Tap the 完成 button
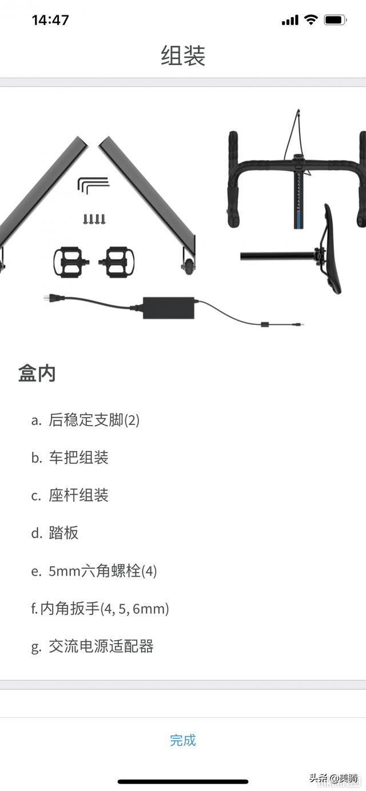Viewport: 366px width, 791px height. (183, 740)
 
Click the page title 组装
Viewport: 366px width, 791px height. (183, 56)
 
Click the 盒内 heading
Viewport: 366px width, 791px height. (37, 374)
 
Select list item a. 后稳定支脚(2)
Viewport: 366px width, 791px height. (86, 420)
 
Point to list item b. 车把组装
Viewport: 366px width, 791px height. (70, 458)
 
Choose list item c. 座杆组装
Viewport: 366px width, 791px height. (70, 496)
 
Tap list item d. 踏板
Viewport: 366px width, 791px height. (55, 533)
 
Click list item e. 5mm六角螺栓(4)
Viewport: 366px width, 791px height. (94, 571)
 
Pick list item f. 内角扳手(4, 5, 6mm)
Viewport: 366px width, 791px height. (100, 609)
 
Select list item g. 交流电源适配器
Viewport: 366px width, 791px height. (93, 647)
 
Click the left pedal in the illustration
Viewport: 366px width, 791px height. (71, 262)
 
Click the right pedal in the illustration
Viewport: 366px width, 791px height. (117, 262)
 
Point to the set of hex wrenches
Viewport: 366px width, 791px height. (93, 185)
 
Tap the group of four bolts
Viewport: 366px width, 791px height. (94, 218)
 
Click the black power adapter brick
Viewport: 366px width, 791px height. (168, 307)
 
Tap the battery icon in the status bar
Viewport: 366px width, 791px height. (335, 20)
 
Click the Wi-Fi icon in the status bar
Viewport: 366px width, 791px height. (311, 20)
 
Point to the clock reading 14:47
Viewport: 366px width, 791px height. (50, 20)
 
